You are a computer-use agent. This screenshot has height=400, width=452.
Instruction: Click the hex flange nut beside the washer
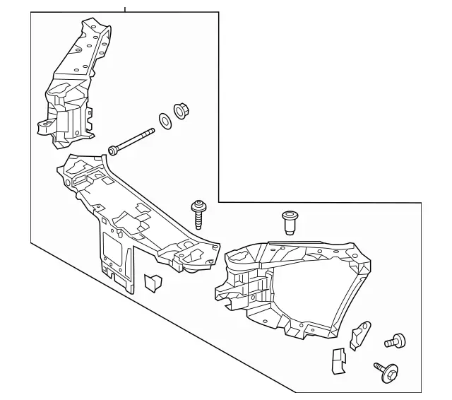pyautogui.click(x=180, y=111)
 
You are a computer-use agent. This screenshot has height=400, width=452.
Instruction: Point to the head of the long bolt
pyautogui.click(x=112, y=150)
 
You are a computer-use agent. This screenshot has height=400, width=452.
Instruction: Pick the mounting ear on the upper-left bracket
pyautogui.click(x=44, y=127)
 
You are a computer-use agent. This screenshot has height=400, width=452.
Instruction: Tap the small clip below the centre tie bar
pyautogui.click(x=153, y=281)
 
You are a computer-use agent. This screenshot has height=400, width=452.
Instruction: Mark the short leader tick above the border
pyautogui.click(x=125, y=9)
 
